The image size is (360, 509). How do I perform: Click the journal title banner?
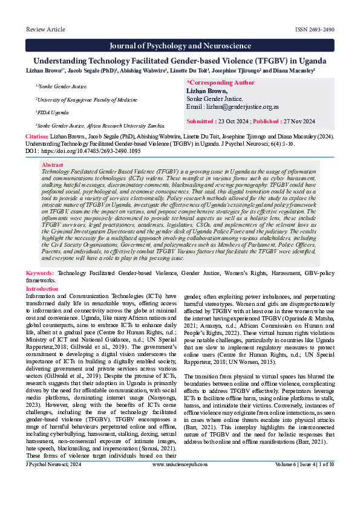click(x=180, y=46)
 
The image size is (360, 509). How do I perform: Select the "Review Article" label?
click(x=45, y=29)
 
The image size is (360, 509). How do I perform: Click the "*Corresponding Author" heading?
click(x=221, y=82)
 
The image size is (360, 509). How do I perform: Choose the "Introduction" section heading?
click(x=42, y=289)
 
